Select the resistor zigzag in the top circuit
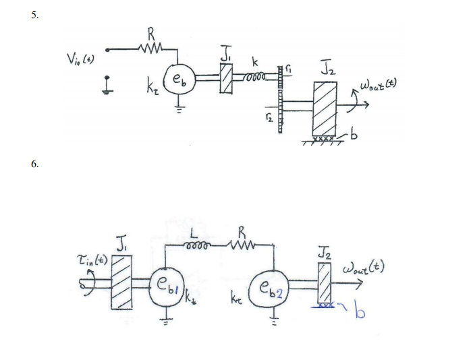tap(150, 49)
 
